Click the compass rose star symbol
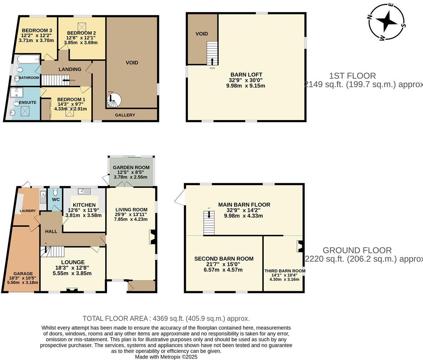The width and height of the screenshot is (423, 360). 387,21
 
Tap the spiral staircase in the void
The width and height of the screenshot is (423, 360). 113,100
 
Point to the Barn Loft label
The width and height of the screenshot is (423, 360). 246,75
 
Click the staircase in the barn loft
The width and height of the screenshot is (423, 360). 212,53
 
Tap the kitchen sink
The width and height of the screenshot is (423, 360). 84,191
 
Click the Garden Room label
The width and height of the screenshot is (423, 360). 131,167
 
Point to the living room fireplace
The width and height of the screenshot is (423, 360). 153,237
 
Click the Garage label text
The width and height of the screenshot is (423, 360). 23,274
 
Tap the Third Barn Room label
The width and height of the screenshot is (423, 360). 285,271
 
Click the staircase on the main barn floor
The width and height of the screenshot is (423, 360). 208,223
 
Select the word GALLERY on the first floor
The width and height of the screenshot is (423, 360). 125,115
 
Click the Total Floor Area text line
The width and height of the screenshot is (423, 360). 166,318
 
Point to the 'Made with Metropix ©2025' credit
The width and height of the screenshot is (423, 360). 166,357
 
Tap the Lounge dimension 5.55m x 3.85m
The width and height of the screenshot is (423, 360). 72,273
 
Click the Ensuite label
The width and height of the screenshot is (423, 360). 28,102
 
